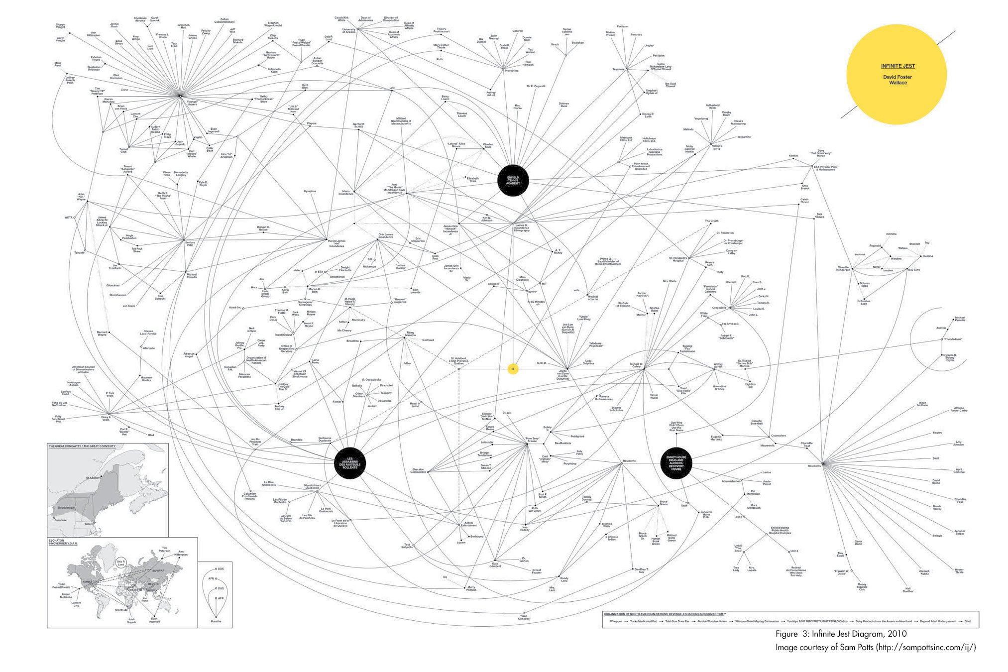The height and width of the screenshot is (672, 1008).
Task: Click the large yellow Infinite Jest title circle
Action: pyautogui.click(x=896, y=75)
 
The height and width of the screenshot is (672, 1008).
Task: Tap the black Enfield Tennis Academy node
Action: pyautogui.click(x=513, y=181)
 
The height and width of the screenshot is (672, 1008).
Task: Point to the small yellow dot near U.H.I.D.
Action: pyautogui.click(x=513, y=369)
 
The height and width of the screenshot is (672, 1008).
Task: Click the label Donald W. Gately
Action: pyautogui.click(x=637, y=365)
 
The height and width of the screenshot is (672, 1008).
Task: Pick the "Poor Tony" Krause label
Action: pyautogui.click(x=532, y=440)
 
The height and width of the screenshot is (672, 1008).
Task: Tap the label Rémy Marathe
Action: pyautogui.click(x=410, y=334)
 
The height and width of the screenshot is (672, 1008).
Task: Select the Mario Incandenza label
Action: pyautogui.click(x=346, y=192)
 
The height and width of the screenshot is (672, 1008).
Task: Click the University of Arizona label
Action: pyautogui.click(x=349, y=31)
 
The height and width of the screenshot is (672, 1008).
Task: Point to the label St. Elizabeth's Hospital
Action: pyautogui.click(x=678, y=259)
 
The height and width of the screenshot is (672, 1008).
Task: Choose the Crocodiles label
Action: pyautogui.click(x=719, y=308)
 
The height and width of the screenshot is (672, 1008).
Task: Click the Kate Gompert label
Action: pyautogui.click(x=495, y=565)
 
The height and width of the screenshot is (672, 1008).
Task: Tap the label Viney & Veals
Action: pyautogui.click(x=106, y=419)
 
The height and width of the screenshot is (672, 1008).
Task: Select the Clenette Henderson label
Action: pyautogui.click(x=843, y=269)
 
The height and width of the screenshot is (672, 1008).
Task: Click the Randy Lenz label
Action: pyautogui.click(x=564, y=580)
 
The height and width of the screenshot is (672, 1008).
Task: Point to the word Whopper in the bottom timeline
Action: pyautogui.click(x=616, y=621)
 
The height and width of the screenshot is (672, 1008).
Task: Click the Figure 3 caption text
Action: pyautogui.click(x=841, y=634)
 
